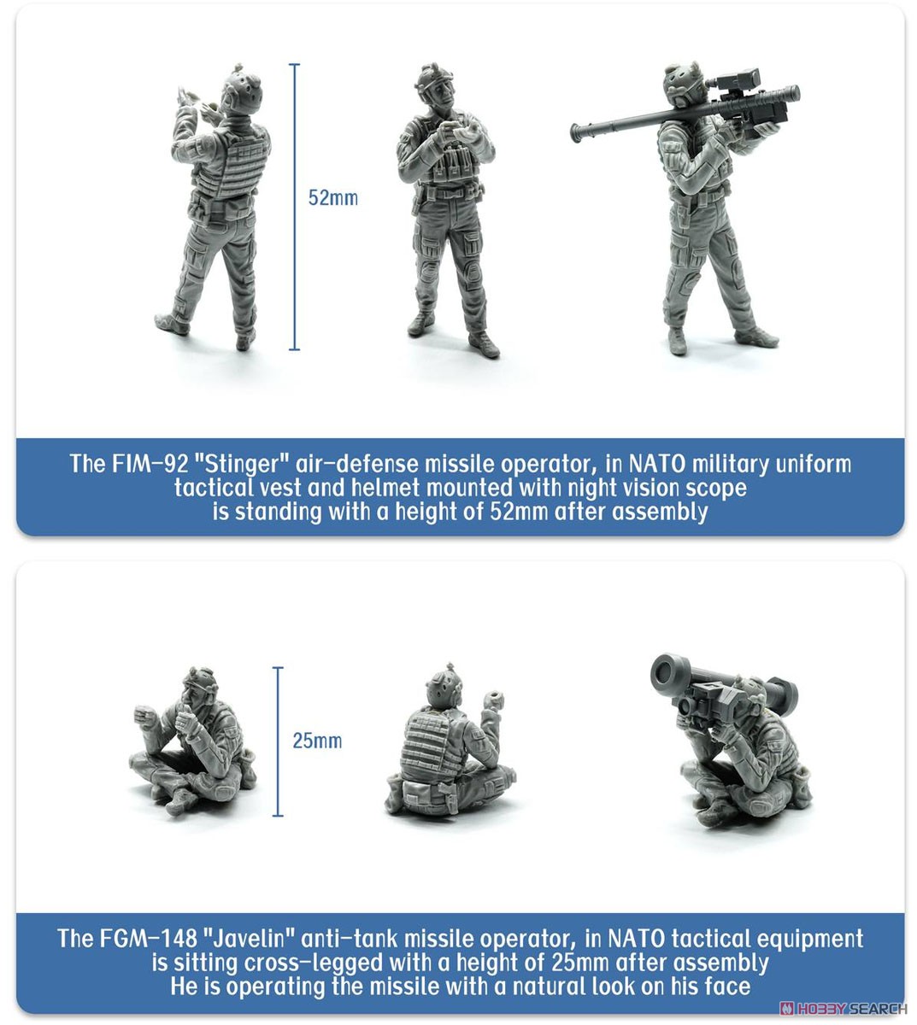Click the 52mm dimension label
click(332, 198)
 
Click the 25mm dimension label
click(317, 741)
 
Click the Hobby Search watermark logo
click(843, 1008)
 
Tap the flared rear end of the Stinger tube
click(579, 133)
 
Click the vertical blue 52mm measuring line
click(294, 207)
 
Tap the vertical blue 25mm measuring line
click(278, 741)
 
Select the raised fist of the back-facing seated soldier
click(491, 700)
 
